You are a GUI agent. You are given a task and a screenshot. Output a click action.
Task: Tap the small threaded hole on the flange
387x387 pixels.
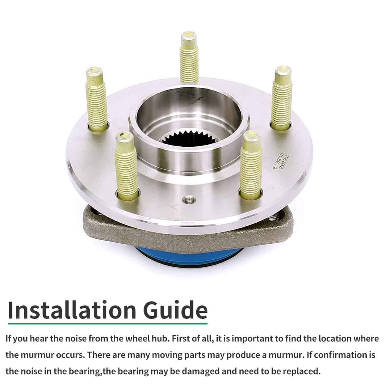[189, 199]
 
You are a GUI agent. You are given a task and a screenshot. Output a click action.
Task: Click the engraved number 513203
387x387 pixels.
[278, 161]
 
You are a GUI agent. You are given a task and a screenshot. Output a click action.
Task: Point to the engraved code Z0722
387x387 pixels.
[284, 162]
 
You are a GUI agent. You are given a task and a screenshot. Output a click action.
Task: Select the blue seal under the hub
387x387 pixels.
[189, 257]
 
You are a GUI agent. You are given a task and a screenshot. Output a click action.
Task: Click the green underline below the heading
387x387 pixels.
[108, 323]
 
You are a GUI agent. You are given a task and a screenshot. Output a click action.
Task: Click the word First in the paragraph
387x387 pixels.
[181, 338]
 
